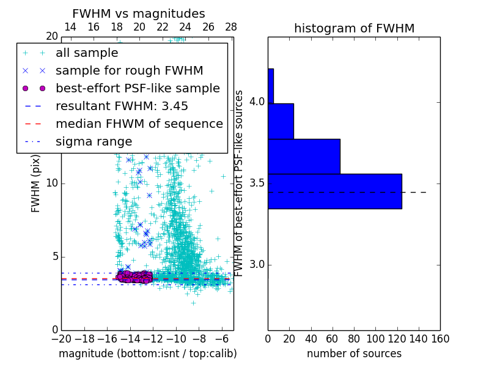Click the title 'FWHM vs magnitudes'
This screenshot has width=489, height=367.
pyautogui.click(x=139, y=14)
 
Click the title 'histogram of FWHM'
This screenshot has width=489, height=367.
pyautogui.click(x=354, y=28)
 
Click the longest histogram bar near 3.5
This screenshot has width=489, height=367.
pyautogui.click(x=334, y=191)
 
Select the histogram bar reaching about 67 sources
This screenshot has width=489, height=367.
pyautogui.click(x=304, y=156)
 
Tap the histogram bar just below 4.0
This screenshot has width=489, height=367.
pyautogui.click(x=281, y=121)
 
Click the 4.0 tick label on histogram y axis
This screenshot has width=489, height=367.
pyautogui.click(x=256, y=102)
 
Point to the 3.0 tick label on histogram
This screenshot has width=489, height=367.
pyautogui.click(x=256, y=265)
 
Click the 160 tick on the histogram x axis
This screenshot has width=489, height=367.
pyautogui.click(x=440, y=338)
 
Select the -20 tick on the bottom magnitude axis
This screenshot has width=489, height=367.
pyautogui.click(x=61, y=338)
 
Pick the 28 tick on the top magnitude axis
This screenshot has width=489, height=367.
pyautogui.click(x=231, y=27)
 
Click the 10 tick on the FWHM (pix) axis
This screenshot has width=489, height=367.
pyautogui.click(x=53, y=183)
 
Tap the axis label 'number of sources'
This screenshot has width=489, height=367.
pyautogui.click(x=354, y=354)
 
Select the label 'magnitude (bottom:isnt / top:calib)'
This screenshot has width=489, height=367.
pyautogui.click(x=147, y=354)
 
